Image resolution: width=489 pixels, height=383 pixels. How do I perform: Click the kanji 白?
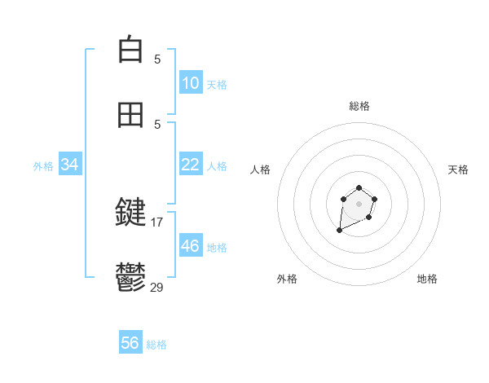130,50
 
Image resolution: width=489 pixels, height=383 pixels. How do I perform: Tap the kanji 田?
130,115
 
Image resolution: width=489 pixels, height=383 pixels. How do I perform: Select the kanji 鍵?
130,213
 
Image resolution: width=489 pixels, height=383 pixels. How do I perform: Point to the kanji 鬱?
130,278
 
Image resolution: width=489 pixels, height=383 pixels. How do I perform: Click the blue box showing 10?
190,83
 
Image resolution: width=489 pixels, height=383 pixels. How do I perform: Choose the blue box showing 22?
190,165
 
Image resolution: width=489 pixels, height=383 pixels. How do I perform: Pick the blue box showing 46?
190,246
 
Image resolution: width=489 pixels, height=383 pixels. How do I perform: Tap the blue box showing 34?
70,165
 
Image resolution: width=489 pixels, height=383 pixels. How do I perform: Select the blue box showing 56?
130,343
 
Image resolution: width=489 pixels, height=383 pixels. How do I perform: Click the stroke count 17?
158,222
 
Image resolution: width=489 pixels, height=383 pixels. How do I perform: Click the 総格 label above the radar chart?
359,106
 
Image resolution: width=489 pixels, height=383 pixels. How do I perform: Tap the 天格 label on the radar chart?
458,169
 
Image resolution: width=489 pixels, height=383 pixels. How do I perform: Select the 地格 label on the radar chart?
427,279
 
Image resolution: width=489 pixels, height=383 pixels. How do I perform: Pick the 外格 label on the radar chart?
287,279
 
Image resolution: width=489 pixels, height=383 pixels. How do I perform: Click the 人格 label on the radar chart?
261,169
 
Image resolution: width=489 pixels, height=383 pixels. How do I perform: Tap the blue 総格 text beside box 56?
156,345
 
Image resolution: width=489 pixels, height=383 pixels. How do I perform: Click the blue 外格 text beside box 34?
43,166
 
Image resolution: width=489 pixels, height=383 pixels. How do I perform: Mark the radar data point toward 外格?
340,231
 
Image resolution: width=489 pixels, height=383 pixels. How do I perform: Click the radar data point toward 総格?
359,188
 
